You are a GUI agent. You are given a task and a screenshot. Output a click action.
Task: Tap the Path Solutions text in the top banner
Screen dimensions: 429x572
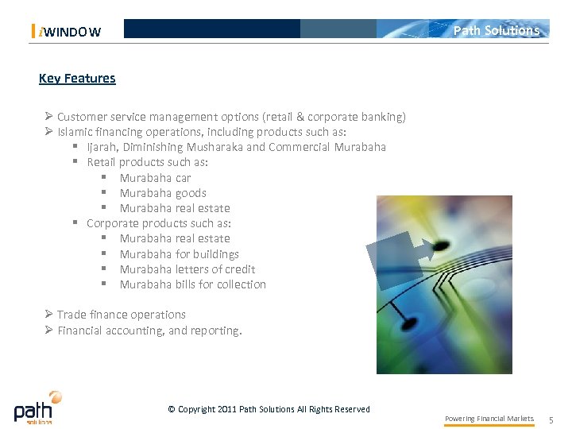coord(496,30)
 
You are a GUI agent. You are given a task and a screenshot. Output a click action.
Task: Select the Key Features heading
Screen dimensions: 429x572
coord(77,78)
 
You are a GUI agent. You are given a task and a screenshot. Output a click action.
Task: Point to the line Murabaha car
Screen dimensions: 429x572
coord(155,178)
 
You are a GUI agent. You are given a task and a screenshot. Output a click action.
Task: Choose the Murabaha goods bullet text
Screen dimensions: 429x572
coord(163,193)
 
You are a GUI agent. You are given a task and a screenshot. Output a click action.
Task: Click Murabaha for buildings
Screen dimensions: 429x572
coord(179,254)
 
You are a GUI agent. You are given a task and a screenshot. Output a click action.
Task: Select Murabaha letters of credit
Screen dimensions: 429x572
coord(187,269)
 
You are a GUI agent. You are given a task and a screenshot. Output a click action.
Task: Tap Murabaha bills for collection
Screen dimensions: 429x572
coord(192,284)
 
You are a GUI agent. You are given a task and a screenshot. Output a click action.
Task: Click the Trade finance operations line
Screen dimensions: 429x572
coord(121,315)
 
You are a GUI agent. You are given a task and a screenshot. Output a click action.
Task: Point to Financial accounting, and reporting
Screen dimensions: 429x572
coord(149,330)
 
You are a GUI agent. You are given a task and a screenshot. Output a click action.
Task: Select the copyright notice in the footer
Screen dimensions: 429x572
coord(269,409)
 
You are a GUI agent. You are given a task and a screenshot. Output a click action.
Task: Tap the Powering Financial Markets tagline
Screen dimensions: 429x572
coord(489,419)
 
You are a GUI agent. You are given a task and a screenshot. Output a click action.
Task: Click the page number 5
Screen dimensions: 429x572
coord(551,419)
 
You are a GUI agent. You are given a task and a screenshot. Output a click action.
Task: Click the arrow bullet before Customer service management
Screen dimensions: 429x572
coord(48,117)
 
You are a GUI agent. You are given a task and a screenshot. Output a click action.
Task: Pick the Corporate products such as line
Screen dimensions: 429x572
coord(158,223)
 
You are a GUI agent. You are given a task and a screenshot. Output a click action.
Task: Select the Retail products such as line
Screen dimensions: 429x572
coord(147,162)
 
